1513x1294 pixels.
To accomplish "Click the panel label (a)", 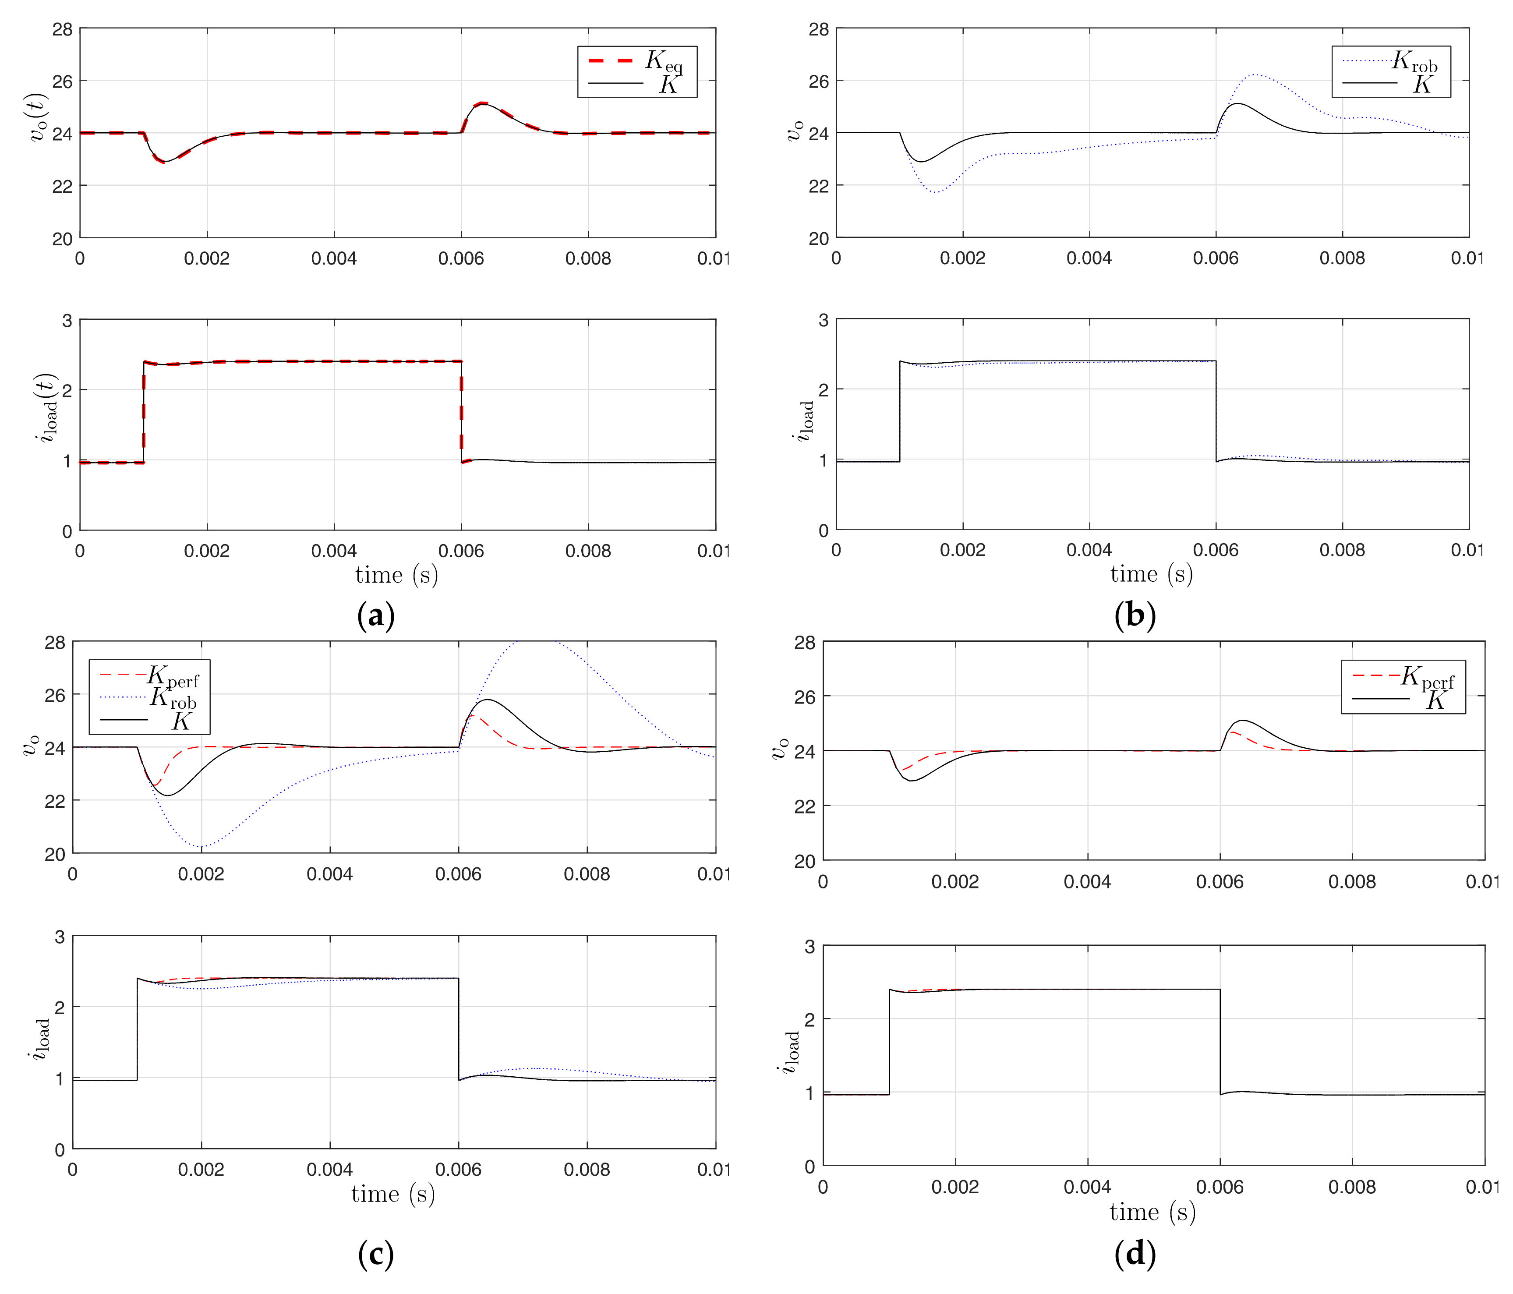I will [x=376, y=615].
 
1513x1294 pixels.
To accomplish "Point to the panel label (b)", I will [x=1135, y=615].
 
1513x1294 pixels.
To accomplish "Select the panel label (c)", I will [x=376, y=1255].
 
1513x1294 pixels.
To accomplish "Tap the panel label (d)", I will [x=1135, y=1255].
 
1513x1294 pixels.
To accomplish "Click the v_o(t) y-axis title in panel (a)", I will [x=41, y=117].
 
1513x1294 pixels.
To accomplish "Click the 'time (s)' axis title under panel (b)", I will [x=1152, y=574].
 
